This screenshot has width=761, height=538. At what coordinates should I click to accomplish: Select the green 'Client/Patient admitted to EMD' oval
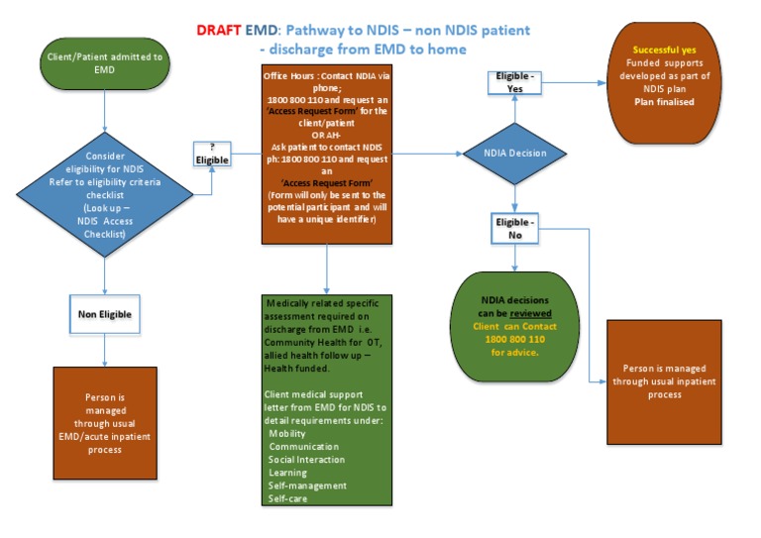point(106,64)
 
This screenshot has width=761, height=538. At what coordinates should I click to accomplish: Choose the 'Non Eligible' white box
point(105,314)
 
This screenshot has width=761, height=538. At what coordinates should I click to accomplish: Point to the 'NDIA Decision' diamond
point(513,153)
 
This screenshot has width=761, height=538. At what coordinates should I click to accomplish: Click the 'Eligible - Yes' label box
point(514,81)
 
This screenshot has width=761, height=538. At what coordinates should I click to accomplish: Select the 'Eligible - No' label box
point(514,228)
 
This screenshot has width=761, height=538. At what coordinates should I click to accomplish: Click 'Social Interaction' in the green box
point(307,460)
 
